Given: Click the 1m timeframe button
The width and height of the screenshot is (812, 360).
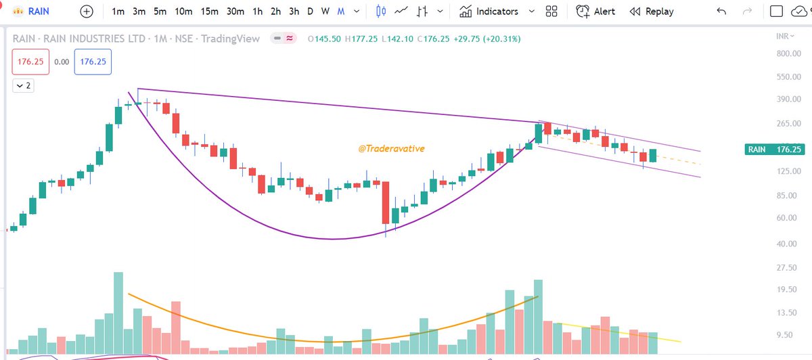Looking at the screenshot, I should (118, 12).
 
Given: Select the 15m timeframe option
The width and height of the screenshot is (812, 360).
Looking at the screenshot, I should (209, 12).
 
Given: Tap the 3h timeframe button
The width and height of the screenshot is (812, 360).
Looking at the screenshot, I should (294, 12).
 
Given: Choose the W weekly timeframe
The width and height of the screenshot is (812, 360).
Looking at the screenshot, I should (325, 12).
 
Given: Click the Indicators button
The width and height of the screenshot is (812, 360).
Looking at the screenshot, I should (489, 12).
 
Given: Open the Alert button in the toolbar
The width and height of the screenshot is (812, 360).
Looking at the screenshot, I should (595, 12).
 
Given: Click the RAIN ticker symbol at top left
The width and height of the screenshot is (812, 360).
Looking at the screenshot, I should (39, 12).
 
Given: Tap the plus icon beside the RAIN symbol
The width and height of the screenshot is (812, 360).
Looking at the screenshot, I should (87, 12).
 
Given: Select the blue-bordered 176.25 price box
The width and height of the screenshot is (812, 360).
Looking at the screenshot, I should (94, 62).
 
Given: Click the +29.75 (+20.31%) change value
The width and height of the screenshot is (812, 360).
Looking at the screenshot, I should (488, 39).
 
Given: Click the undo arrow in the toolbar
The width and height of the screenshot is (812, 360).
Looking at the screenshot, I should (722, 12).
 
